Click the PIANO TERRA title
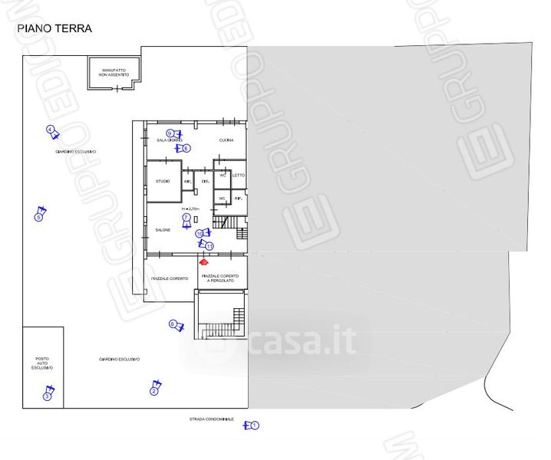[x=54, y=29]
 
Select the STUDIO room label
[x=163, y=181]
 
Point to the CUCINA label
[x=226, y=140]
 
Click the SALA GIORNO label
[x=169, y=140]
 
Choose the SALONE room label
[x=163, y=230]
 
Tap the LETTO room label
[x=239, y=175]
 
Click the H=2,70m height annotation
[x=190, y=209]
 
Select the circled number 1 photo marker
[x=256, y=425]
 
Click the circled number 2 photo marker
[x=153, y=392]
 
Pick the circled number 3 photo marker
[x=47, y=396]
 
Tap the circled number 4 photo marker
[x=50, y=130]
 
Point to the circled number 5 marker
[x=38, y=217]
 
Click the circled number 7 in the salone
[x=186, y=218]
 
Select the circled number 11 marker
[x=209, y=246]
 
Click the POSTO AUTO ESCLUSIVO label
[x=42, y=363]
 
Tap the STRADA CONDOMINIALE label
[x=213, y=419]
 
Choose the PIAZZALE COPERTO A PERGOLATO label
[x=220, y=278]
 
